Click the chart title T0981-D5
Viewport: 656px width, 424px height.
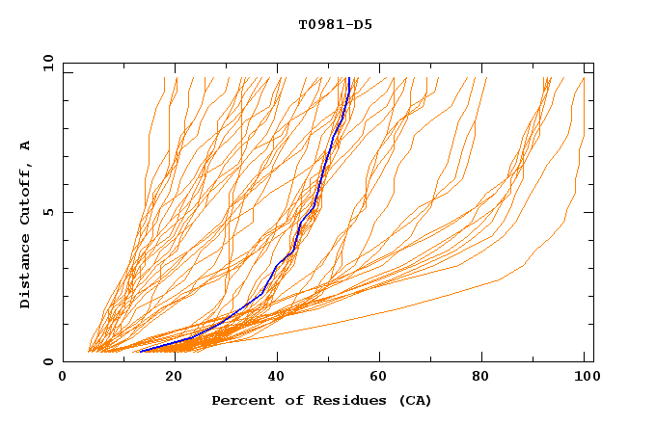[x=335, y=25]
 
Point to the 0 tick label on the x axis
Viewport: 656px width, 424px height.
[x=63, y=377]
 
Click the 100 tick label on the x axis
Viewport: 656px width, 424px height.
[x=584, y=377]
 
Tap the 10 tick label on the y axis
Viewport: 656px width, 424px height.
[x=46, y=63]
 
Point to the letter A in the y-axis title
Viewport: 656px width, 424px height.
[x=25, y=146]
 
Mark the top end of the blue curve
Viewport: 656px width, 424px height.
[x=348, y=78]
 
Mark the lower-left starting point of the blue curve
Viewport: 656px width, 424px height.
[x=140, y=351]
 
